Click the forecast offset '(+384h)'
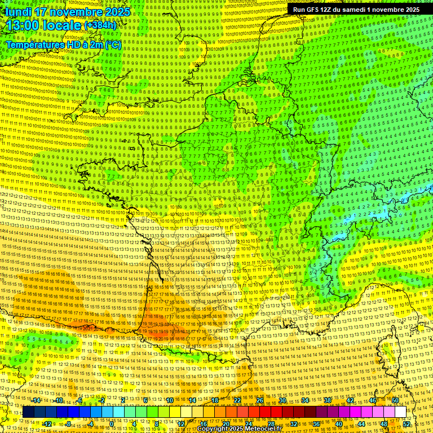coord(100,25)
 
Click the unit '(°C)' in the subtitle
coord(112,44)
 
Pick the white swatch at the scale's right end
coord(400,412)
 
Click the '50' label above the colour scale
coord(395,400)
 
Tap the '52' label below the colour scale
coord(407,423)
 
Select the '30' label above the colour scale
coord(282,400)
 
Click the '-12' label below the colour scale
coord(47,423)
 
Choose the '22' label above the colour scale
coord(237,400)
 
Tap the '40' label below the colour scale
coord(339,423)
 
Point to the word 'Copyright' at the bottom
coord(212,429)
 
